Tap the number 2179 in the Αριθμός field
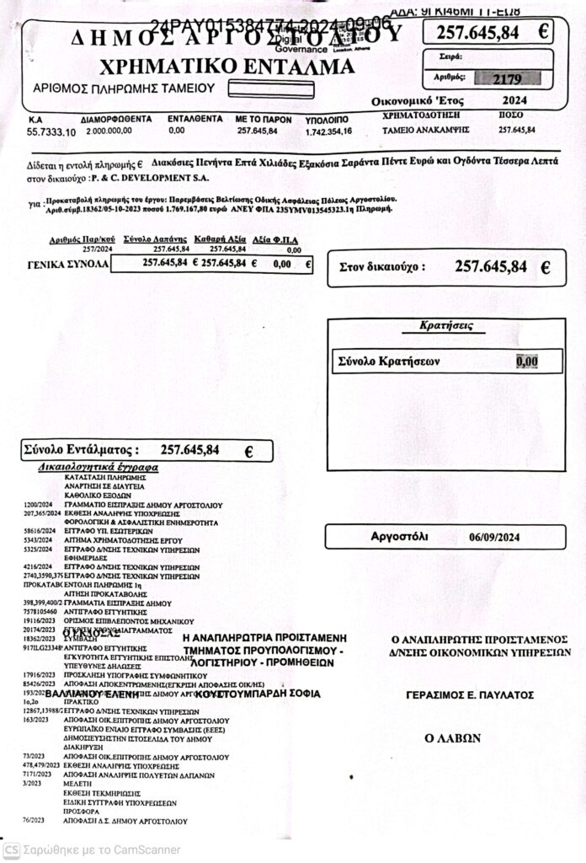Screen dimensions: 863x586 (509, 80)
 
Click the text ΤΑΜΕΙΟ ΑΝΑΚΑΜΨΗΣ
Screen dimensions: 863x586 (414, 130)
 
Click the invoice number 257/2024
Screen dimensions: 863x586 (98, 249)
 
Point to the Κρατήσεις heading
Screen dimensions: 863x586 (444, 324)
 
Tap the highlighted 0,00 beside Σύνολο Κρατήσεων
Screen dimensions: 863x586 (527, 362)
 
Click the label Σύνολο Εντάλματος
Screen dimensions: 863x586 (81, 450)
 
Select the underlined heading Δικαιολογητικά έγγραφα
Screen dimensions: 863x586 (99, 466)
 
